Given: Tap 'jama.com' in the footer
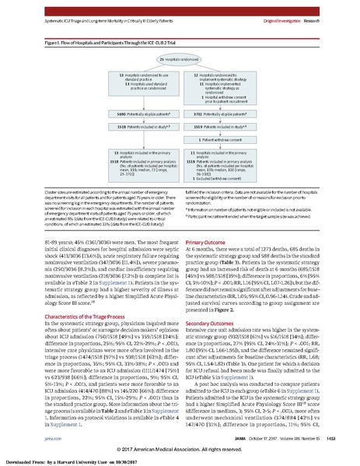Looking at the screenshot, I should (x=38, y=437).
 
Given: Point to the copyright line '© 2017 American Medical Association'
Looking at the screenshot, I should (x=180, y=450).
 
